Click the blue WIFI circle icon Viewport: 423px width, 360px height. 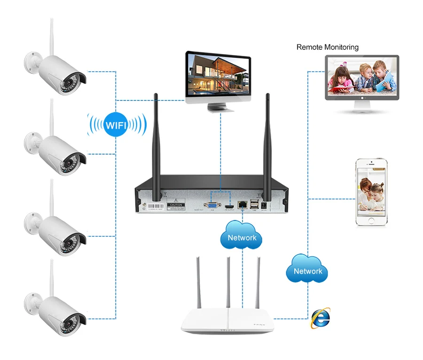[116, 125]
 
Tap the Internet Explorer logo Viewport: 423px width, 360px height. [320, 318]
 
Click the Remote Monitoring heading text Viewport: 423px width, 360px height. [327, 47]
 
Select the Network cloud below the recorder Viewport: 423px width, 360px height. [242, 237]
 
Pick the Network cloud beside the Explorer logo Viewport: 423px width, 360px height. [308, 271]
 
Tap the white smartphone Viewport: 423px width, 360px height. [371, 193]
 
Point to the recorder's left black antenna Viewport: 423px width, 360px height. [157, 141]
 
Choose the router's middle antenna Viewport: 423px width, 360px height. [228, 282]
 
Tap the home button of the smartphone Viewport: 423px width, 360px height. [371, 221]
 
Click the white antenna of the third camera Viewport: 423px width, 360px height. [52, 195]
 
